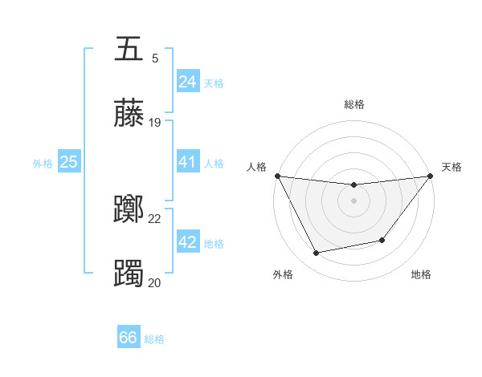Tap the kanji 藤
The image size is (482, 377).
(x=129, y=114)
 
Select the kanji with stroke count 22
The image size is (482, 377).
(x=129, y=210)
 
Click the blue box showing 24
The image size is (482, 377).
(x=188, y=82)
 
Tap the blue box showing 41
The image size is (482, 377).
(x=188, y=162)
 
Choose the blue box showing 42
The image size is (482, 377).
(x=188, y=242)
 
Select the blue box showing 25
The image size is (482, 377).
(x=69, y=162)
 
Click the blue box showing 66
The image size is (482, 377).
(x=129, y=338)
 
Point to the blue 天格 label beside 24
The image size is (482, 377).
(x=214, y=83)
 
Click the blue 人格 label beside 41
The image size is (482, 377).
(x=214, y=163)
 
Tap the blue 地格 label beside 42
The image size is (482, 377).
(x=214, y=243)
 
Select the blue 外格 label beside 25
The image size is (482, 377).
(x=43, y=163)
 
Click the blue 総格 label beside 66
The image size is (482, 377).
(x=154, y=339)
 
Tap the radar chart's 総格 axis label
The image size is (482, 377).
(x=354, y=104)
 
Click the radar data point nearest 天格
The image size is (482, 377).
(x=431, y=176)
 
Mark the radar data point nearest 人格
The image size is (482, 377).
(x=277, y=176)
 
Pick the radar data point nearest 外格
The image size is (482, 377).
(x=316, y=253)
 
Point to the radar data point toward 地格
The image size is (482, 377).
(x=382, y=240)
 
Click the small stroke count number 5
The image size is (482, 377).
(x=155, y=58)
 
